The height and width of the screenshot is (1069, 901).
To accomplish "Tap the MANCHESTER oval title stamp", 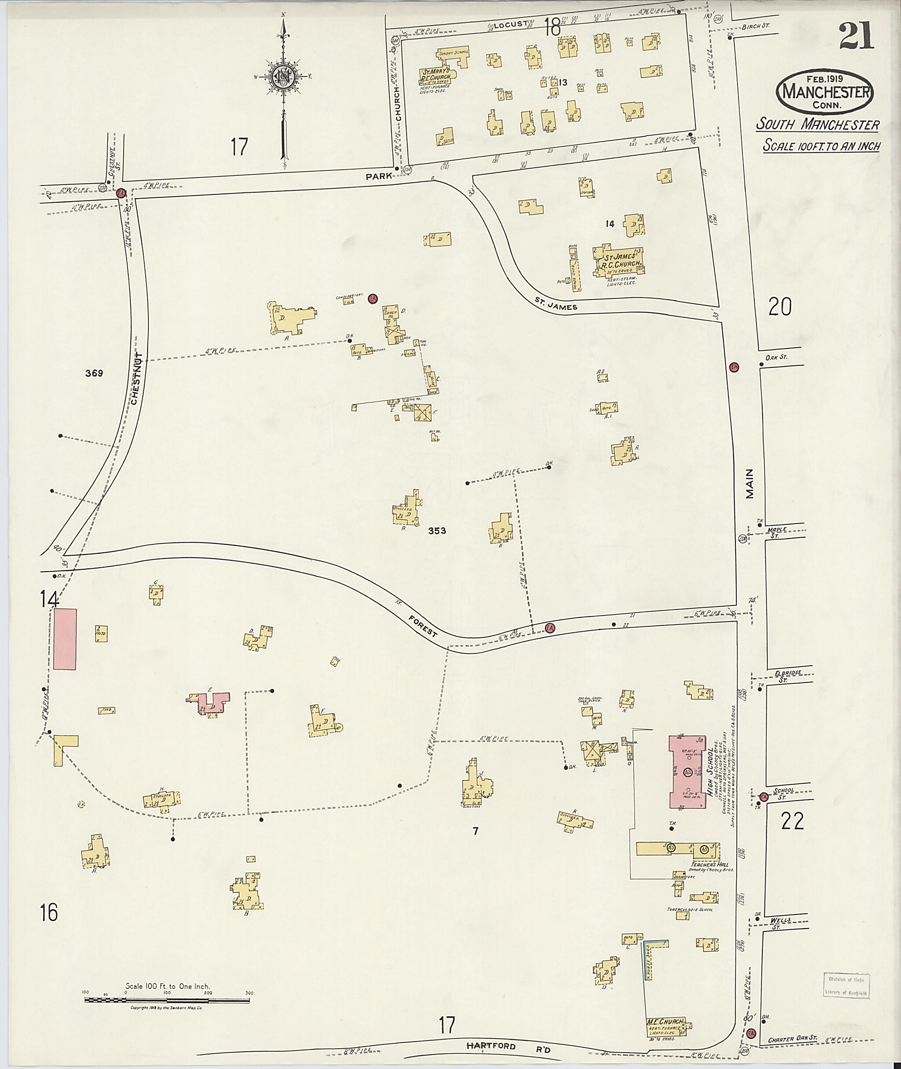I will pos(824,92).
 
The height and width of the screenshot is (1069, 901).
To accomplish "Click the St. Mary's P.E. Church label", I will pos(435,74).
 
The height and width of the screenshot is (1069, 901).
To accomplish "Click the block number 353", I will pos(437,531).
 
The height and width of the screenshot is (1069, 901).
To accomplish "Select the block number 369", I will pos(94,374).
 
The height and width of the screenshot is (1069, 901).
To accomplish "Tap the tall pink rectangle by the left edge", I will pos(65,639).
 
